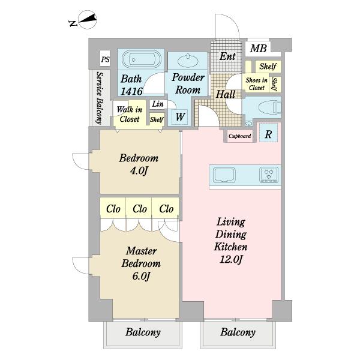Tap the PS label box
[106, 59]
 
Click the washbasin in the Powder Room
[188, 61]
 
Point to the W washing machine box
[180, 116]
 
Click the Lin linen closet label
[158, 104]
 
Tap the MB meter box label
[258, 49]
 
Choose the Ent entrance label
[227, 56]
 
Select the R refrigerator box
[268, 134]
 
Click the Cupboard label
[239, 136]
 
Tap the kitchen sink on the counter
[224, 175]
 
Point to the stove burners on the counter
[269, 175]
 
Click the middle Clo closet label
[140, 209]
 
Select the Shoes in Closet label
[256, 84]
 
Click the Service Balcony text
[100, 98]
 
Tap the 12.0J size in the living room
[231, 260]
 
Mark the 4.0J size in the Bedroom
[139, 170]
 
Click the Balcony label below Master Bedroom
[143, 332]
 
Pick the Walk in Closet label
[129, 114]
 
